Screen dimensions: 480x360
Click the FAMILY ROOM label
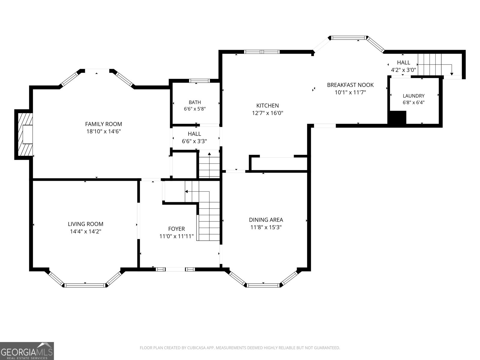tap(103, 124)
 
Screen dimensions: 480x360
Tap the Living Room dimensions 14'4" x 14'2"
tap(85, 231)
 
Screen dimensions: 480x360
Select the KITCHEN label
tap(267, 106)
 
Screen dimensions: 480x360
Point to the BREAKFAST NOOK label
tap(350, 85)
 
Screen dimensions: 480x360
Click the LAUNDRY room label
tap(413, 96)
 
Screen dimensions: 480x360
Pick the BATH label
tap(195, 102)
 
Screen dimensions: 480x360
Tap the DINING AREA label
tap(266, 220)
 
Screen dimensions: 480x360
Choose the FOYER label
tap(176, 229)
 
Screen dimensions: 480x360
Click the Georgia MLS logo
tap(27, 351)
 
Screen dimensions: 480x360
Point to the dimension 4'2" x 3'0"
tap(403, 70)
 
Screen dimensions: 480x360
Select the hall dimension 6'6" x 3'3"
tap(194, 141)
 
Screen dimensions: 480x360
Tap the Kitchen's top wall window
tap(262, 52)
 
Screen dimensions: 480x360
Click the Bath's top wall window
tap(199, 81)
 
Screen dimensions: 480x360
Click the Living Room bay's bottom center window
tap(85, 285)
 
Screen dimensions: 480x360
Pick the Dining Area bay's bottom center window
tap(263, 285)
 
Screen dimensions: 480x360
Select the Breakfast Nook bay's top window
tap(349, 38)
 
